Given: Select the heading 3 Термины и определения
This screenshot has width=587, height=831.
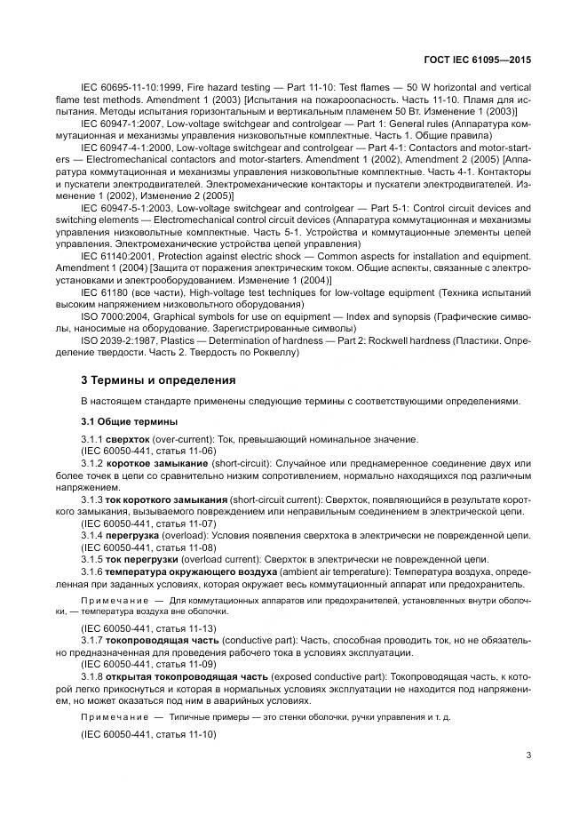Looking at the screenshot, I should pyautogui.click(x=157, y=380).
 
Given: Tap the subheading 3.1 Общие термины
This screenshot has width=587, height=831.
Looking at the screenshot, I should pyautogui.click(x=128, y=420).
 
